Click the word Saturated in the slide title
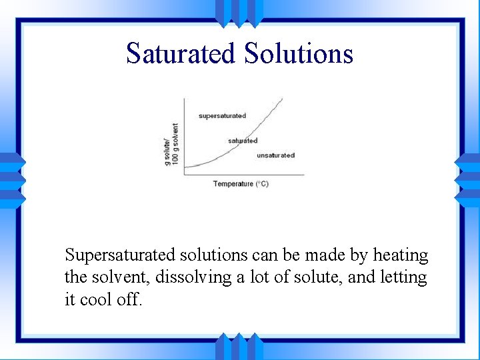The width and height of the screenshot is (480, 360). (x=181, y=53)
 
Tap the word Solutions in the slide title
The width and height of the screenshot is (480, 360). (x=298, y=53)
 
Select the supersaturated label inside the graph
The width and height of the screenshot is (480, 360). (x=222, y=116)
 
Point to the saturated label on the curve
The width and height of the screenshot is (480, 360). (x=243, y=141)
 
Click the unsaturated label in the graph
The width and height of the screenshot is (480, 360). (x=275, y=155)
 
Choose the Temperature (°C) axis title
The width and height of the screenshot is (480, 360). (x=241, y=184)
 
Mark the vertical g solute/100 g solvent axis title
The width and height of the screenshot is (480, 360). (x=172, y=145)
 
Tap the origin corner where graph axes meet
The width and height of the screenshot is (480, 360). (x=184, y=175)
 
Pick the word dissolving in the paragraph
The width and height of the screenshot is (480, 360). (x=194, y=277)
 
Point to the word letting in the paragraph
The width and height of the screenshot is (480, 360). (x=403, y=277)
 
